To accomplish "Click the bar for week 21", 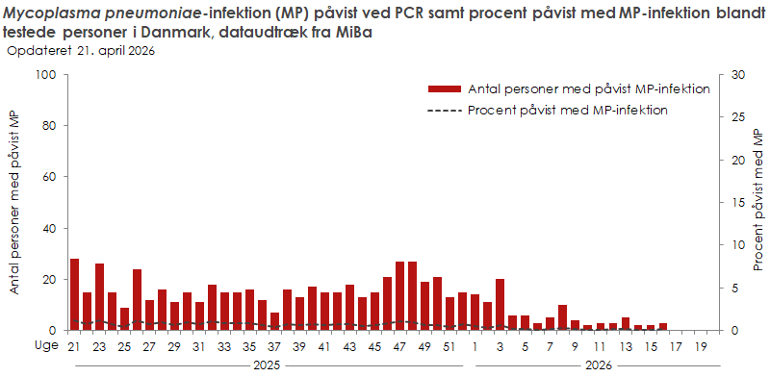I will pos(74,294).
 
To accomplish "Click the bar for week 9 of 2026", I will pos(562,317).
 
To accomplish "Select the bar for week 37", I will pos(274,321).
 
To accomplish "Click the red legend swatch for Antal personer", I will pos(443,88).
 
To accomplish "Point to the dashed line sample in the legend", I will pos(443,109).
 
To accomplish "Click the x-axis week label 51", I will pos(449,346).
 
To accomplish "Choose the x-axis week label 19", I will pos(700,346).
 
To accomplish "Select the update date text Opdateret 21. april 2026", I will pos(81,51).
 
